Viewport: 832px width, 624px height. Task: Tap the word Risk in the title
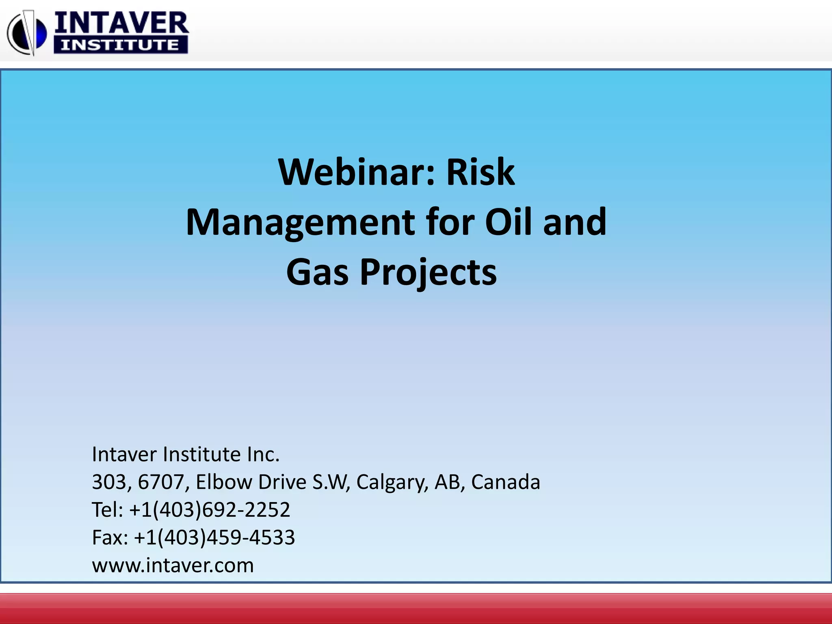[x=481, y=172]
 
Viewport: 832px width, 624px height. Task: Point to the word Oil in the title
[x=509, y=222]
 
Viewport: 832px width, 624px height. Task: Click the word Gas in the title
[x=317, y=272]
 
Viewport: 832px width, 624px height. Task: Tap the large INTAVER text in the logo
[x=121, y=24]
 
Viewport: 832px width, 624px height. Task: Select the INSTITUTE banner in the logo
[x=121, y=45]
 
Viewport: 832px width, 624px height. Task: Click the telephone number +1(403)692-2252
[x=210, y=509]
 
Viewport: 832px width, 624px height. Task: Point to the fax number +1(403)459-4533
[x=214, y=537]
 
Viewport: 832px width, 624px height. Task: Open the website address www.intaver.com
[x=173, y=565]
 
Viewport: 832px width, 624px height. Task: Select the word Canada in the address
[x=505, y=482]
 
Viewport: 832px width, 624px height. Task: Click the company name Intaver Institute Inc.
[x=186, y=454]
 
